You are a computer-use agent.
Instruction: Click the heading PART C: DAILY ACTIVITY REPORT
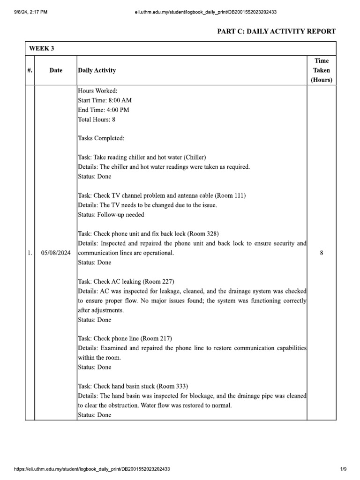(x=276, y=31)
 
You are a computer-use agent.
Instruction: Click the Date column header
(x=56, y=70)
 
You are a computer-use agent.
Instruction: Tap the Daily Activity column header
(x=97, y=70)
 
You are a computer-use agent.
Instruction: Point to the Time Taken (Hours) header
(x=321, y=70)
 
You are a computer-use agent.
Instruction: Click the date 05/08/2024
(x=56, y=253)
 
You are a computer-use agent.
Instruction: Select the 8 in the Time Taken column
(x=321, y=253)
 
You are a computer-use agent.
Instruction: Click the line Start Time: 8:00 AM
(x=105, y=100)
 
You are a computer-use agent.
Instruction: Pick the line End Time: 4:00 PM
(x=104, y=110)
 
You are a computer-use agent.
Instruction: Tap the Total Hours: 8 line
(x=97, y=120)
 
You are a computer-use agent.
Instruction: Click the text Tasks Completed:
(x=101, y=138)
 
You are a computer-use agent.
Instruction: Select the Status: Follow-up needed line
(x=111, y=215)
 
